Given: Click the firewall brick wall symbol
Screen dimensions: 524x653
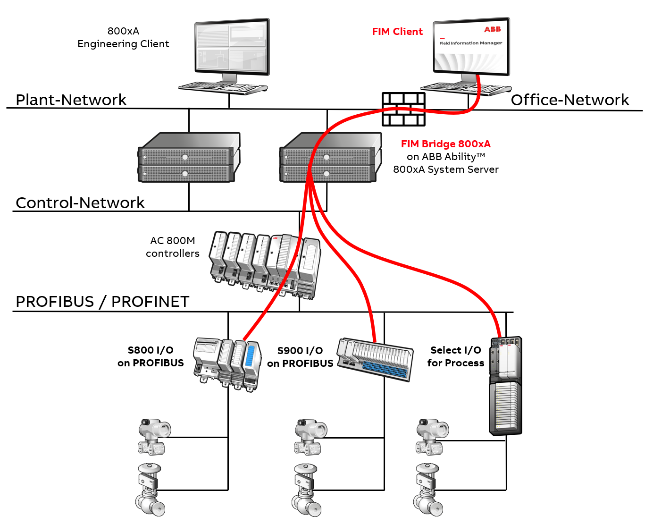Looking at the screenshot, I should [403, 109].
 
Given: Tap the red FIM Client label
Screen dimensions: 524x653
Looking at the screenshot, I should [397, 32].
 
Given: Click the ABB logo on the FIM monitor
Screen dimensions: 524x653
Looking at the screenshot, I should [492, 29].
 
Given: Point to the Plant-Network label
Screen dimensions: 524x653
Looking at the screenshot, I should [71, 100].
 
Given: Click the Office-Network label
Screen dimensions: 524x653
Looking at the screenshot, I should [569, 100].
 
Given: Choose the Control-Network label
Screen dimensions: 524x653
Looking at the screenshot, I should [80, 203].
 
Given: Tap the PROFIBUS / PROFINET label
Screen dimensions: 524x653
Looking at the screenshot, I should [102, 302].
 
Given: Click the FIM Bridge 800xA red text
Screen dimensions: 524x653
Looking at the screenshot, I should [445, 144].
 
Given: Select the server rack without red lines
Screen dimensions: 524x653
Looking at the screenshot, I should [189, 158].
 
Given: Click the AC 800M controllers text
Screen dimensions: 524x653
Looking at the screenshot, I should [173, 247].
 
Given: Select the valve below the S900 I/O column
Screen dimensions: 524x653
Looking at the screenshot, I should [306, 491].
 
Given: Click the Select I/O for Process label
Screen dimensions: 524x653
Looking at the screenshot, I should [455, 356].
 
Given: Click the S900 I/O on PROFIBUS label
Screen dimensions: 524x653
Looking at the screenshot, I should [300, 357].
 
